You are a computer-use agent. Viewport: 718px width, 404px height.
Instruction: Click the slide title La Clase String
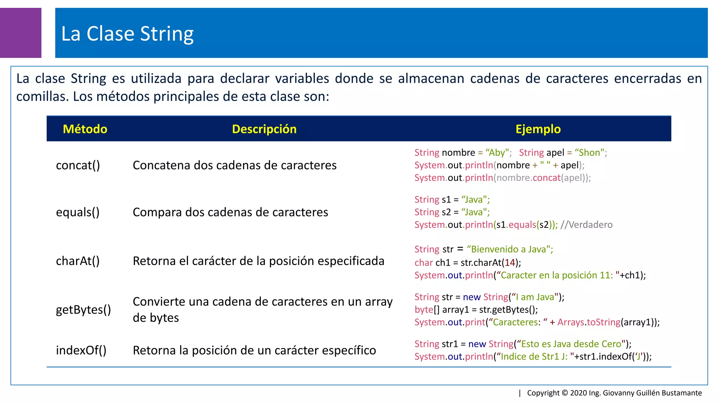tap(127, 34)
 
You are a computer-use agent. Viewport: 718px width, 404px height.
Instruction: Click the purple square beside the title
tap(20, 33)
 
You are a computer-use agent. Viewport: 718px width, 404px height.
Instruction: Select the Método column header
tap(85, 129)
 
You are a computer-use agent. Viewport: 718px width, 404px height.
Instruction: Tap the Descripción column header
tap(264, 129)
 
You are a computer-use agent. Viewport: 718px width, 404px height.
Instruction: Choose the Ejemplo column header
tap(538, 129)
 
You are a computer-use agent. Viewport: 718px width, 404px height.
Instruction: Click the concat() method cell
tap(78, 165)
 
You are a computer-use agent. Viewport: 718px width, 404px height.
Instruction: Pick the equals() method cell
tap(78, 212)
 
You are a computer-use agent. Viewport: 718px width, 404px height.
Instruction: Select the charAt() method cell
tap(78, 261)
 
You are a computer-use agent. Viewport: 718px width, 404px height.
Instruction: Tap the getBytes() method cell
tap(83, 310)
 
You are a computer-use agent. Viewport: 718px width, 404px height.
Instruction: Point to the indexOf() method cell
tap(81, 350)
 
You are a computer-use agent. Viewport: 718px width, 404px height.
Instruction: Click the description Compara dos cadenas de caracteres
tap(230, 212)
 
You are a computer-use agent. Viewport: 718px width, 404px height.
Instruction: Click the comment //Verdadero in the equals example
tap(586, 225)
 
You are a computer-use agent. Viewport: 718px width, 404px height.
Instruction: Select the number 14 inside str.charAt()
tap(509, 263)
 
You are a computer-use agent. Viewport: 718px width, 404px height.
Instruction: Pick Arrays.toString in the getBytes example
tap(589, 322)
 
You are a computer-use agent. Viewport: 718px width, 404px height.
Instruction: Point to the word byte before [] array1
tap(424, 310)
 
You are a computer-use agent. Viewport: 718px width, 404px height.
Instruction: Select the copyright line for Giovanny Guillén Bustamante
tap(614, 393)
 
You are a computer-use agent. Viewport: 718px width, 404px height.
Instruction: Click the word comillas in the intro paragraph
tap(42, 96)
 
